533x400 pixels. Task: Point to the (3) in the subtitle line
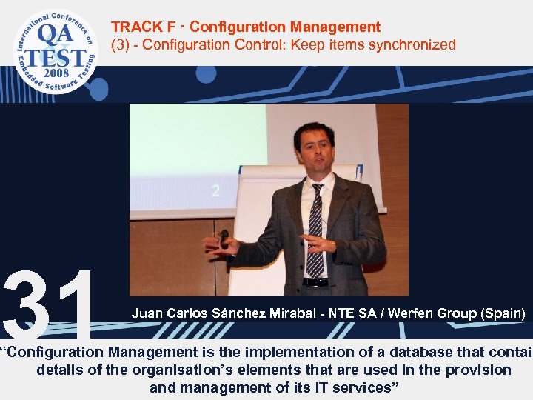click(x=121, y=45)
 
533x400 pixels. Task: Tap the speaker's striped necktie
click(x=316, y=230)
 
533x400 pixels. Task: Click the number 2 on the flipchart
click(x=215, y=190)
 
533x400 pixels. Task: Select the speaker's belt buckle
click(x=316, y=281)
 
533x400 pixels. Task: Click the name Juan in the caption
click(x=147, y=314)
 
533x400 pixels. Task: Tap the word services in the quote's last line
click(x=360, y=387)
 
